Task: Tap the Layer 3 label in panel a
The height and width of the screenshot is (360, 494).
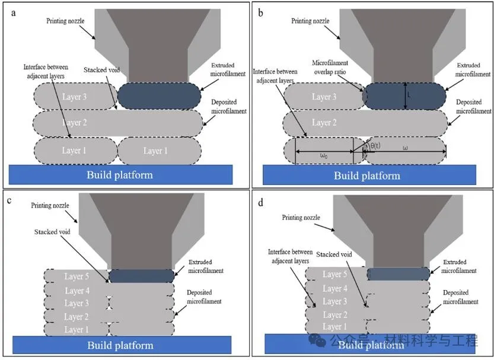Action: [x=74, y=96]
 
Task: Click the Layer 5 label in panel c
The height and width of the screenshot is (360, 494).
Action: [x=78, y=276]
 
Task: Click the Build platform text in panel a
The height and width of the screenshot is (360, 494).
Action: [x=119, y=174]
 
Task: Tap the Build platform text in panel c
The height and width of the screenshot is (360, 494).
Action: [x=120, y=345]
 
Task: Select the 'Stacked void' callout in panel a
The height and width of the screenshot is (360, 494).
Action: [x=102, y=70]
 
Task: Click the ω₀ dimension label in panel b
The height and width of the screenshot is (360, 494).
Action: [x=323, y=156]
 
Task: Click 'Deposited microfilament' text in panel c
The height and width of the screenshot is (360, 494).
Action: [x=204, y=297]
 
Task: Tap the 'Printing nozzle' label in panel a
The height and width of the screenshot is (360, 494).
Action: [x=65, y=21]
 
